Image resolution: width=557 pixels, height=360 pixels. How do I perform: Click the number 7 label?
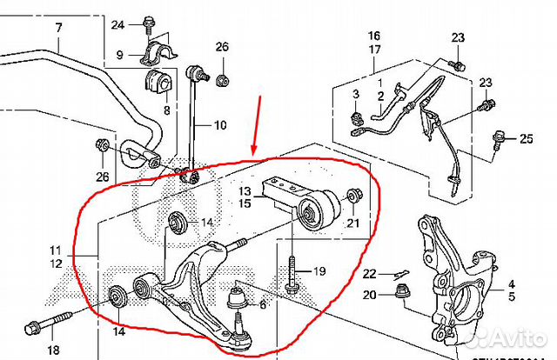pyautogui.click(x=58, y=27)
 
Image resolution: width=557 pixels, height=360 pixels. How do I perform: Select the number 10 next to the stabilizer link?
pyautogui.click(x=219, y=125)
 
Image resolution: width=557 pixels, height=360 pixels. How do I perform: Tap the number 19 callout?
pyautogui.click(x=319, y=271)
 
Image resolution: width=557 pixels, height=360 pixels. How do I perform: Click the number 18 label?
pyautogui.click(x=53, y=350)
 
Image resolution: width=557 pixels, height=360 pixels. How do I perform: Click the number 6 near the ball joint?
pyautogui.click(x=263, y=304)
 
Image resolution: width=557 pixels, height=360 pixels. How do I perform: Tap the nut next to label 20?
pyautogui.click(x=403, y=291)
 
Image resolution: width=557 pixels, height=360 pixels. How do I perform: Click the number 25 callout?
pyautogui.click(x=526, y=138)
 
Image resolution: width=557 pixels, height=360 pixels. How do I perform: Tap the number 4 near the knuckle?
pyautogui.click(x=513, y=283)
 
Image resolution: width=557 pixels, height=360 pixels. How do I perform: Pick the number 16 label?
pyautogui.click(x=374, y=36)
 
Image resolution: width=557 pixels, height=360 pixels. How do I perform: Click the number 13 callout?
pyautogui.click(x=245, y=191)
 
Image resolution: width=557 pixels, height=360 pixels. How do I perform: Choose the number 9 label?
pyautogui.click(x=120, y=55)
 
